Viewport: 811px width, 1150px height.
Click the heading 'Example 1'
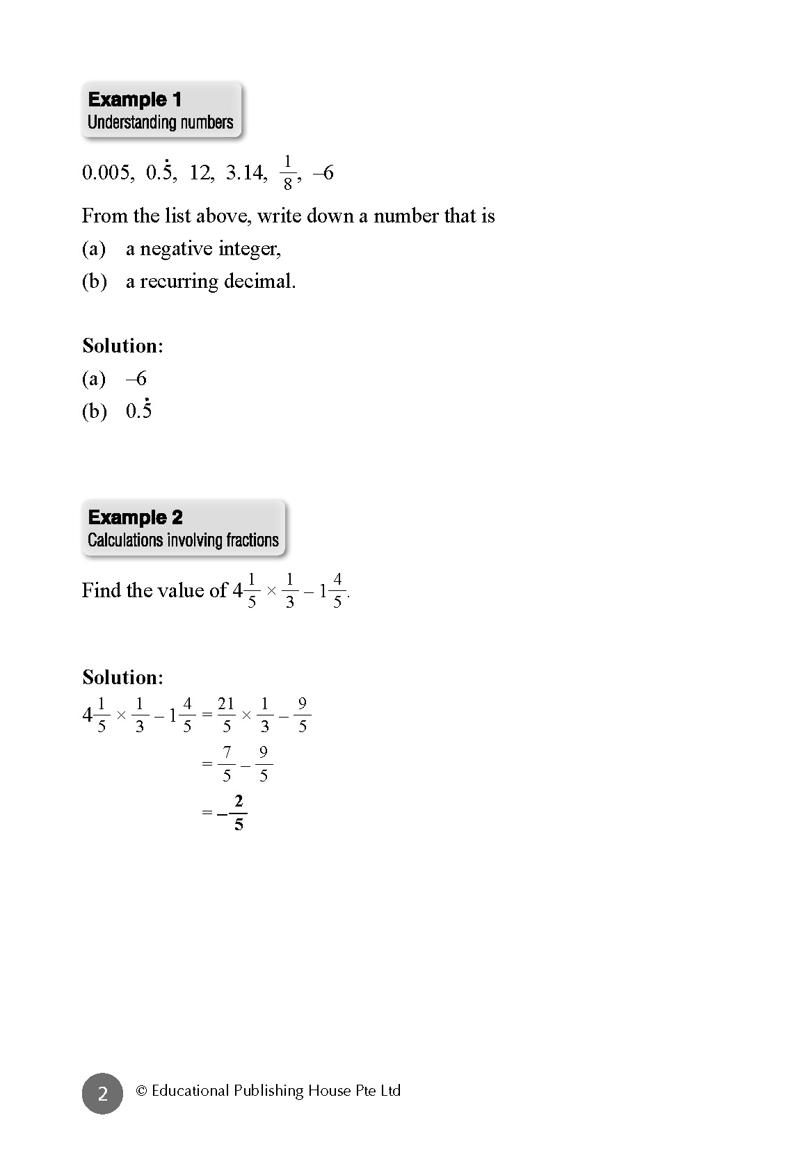coord(135,99)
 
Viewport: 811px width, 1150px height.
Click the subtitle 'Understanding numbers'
coord(160,122)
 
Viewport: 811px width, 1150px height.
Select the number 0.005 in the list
coord(107,172)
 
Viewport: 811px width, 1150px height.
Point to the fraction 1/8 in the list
coord(287,172)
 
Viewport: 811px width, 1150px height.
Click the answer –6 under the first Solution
coord(136,379)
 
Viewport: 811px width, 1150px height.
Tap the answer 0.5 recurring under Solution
coord(139,410)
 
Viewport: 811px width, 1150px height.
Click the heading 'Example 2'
coord(136,517)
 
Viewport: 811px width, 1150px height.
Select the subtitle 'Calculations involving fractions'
coord(183,540)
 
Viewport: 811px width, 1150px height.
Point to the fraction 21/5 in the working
coord(226,715)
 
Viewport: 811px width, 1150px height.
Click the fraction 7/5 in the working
coord(227,763)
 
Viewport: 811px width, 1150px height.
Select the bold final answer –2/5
coord(233,813)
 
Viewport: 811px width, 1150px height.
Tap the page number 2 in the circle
coord(102,1094)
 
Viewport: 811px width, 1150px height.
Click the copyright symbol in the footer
coord(141,1091)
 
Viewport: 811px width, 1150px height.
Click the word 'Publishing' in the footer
coord(268,1091)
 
